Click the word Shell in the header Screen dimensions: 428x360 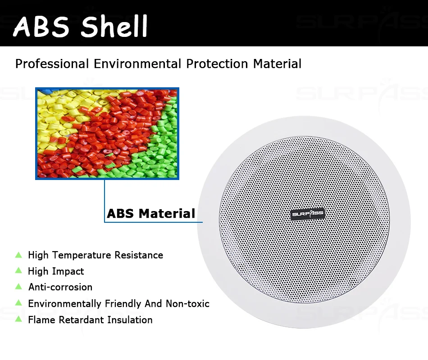[x=114, y=26]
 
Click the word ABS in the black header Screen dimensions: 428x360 [x=41, y=27]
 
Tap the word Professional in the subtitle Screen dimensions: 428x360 [x=52, y=64]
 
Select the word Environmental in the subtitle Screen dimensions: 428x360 [x=137, y=64]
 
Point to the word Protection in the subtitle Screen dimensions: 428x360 [x=217, y=64]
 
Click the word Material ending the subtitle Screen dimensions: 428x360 [x=277, y=64]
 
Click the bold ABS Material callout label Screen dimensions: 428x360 [x=151, y=213]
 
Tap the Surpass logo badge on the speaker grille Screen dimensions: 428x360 [x=308, y=214]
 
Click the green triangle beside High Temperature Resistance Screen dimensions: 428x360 [x=18, y=255]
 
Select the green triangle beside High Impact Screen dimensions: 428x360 [x=18, y=270]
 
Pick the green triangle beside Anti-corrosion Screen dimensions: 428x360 [x=18, y=286]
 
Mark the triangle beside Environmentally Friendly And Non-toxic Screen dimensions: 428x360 [x=18, y=302]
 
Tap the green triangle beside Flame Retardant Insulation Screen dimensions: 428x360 [x=18, y=319]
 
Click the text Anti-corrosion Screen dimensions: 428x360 [x=60, y=287]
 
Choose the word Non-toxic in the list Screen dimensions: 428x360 [x=187, y=303]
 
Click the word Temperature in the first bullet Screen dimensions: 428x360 [x=82, y=255]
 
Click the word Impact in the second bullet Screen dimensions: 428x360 [x=68, y=271]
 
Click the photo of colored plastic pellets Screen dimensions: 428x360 [x=107, y=134]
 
